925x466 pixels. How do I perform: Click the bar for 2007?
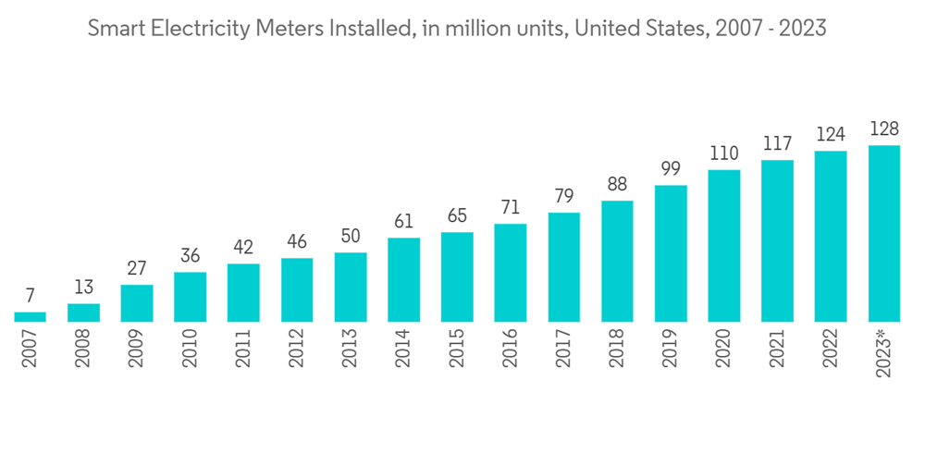pos(30,316)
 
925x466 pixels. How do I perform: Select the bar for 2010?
pos(190,297)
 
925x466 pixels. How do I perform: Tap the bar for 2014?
pos(403,279)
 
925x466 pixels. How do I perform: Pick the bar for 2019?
pos(671,253)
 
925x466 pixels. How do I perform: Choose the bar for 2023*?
pos(884,233)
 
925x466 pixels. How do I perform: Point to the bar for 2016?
pos(510,273)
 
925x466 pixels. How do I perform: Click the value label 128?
pos(884,129)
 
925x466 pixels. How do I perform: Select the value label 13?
pos(83,287)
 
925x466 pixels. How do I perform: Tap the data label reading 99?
pos(671,168)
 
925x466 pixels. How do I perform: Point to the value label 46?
pos(297,241)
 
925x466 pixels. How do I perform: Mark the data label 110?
pos(724,153)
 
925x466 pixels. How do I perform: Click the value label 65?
pos(457,215)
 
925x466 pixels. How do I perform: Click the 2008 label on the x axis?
pos(84,347)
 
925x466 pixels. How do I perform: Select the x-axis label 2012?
pos(298,347)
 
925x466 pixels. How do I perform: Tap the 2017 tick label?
pos(564,347)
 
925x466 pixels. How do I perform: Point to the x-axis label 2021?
pos(778,347)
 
